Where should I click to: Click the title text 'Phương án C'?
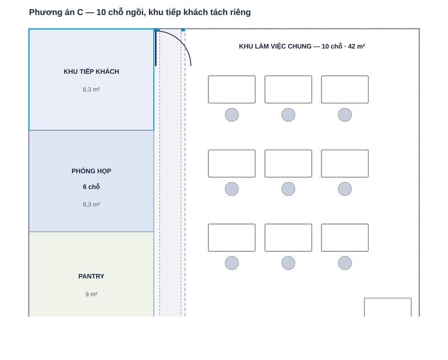pyautogui.click(x=56, y=12)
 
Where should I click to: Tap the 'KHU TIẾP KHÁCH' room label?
pyautogui.click(x=91, y=72)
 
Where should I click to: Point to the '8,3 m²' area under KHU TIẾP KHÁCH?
pyautogui.click(x=91, y=90)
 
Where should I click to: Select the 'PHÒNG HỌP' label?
pyautogui.click(x=91, y=171)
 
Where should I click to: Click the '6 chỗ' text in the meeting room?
pyautogui.click(x=91, y=187)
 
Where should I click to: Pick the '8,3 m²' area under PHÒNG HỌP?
pyautogui.click(x=91, y=204)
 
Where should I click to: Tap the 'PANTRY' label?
pyautogui.click(x=91, y=276)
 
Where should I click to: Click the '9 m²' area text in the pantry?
pyautogui.click(x=91, y=294)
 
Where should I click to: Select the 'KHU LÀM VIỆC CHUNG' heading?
pyautogui.click(x=275, y=46)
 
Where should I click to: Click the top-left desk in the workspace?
pyautogui.click(x=232, y=90)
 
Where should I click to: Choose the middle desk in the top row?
pyautogui.click(x=288, y=90)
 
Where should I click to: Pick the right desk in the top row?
pyautogui.click(x=345, y=90)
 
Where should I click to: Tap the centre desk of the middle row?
pyautogui.click(x=288, y=163)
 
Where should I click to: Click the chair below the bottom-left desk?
pyautogui.click(x=232, y=263)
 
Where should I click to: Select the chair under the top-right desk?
pyautogui.click(x=345, y=115)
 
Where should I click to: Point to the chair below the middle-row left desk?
pyautogui.click(x=232, y=189)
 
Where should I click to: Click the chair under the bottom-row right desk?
pyautogui.click(x=345, y=263)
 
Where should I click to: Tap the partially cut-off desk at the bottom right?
pyautogui.click(x=388, y=307)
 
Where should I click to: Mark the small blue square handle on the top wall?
pyautogui.click(x=183, y=30)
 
